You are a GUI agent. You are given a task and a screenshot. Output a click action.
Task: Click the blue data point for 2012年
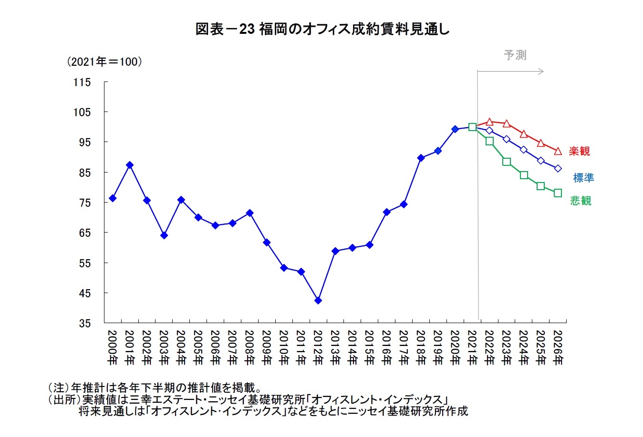coord(318,301)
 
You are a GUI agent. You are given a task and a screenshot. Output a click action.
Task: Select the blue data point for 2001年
coord(130,165)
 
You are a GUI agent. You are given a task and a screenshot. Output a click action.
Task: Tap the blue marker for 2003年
coord(164,235)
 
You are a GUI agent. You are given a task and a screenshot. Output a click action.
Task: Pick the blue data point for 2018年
coord(421,158)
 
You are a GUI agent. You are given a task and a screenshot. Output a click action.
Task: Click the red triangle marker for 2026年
coord(558,151)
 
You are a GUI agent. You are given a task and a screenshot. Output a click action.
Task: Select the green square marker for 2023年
coord(507,162)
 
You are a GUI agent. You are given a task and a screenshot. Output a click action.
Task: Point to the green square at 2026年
coord(558,193)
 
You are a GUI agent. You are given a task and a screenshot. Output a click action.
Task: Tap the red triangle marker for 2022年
coord(489,122)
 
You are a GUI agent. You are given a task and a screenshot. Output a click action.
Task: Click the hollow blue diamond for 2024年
coord(524,150)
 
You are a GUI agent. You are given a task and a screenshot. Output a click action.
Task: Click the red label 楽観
coord(579,151)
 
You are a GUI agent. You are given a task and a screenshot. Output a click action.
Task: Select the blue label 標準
coord(583,178)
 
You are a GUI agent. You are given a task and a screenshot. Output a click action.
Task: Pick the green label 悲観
coord(581,201)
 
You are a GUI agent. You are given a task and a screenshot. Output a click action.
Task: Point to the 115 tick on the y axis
coord(82,82)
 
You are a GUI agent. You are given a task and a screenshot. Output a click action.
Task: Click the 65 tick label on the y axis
coord(84,233)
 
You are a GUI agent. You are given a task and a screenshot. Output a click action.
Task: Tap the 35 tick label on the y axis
coord(84,324)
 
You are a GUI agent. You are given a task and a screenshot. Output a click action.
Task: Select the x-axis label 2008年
coord(249,347)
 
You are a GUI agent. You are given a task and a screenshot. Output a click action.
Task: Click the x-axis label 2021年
coord(472,347)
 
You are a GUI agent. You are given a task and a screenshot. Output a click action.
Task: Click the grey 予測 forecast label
coord(515,55)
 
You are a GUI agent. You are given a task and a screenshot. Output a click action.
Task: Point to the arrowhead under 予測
coord(540,71)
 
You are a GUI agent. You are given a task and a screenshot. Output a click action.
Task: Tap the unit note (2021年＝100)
coord(104,62)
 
